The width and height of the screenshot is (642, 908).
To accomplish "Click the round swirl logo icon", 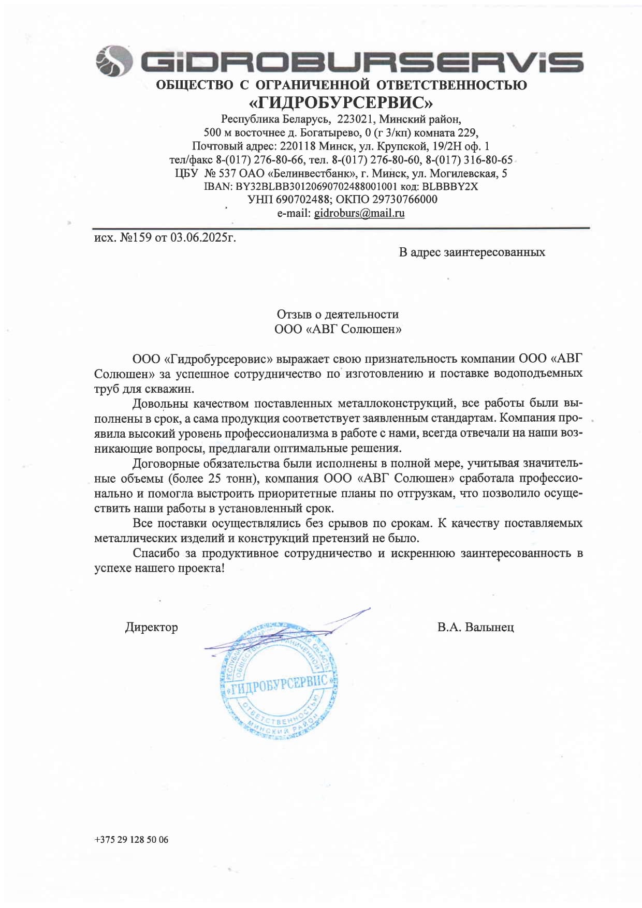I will pyautogui.click(x=111, y=61).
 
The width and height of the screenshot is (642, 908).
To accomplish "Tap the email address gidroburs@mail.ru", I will pyautogui.click(x=359, y=213).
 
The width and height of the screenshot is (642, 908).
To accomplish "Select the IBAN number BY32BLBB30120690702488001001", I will pyautogui.click(x=316, y=186).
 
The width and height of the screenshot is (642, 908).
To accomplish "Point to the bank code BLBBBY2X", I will pyautogui.click(x=450, y=186).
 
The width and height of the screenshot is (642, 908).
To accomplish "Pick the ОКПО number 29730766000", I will pyautogui.click(x=405, y=199).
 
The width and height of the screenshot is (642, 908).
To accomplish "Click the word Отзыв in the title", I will pyautogui.click(x=294, y=314).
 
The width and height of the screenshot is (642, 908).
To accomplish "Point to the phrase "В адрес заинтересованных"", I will pyautogui.click(x=472, y=252).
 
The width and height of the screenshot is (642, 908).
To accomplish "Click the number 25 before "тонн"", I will pyautogui.click(x=215, y=479).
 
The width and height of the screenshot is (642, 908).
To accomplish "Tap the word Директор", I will pyautogui.click(x=151, y=627).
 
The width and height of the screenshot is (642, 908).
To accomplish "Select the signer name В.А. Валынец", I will pyautogui.click(x=475, y=627).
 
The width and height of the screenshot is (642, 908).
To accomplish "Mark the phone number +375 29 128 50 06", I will pyautogui.click(x=132, y=839).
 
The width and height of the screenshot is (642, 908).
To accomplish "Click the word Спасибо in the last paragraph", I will pyautogui.click(x=156, y=553).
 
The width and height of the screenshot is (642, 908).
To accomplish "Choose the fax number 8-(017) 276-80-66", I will pyautogui.click(x=259, y=160).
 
